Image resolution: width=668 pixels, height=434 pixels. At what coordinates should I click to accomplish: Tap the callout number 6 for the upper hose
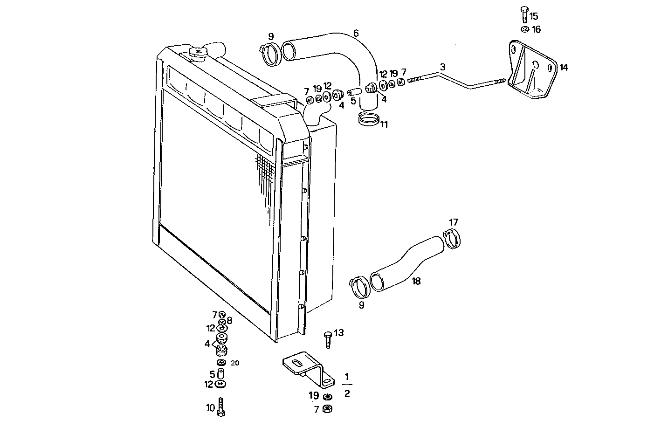[356, 33]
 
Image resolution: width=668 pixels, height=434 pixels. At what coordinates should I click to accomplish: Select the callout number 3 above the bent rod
[442, 67]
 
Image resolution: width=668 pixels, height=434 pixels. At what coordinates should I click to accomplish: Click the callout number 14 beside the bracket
[563, 68]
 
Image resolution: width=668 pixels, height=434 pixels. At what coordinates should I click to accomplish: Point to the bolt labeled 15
[523, 14]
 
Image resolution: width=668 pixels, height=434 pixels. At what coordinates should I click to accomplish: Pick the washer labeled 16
[524, 29]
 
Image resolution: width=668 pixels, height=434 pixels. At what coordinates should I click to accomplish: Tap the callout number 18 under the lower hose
[416, 281]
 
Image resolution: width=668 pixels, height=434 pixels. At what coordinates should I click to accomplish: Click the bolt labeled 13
[327, 339]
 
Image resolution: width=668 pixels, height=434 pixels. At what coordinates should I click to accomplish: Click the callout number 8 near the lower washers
[229, 321]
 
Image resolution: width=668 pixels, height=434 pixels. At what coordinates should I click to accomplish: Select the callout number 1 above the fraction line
[346, 376]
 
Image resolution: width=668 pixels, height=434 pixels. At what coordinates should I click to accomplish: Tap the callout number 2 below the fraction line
[346, 393]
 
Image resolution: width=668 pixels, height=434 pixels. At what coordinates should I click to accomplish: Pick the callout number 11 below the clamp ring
[383, 124]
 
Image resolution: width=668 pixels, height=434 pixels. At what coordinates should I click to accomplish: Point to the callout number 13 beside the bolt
[339, 333]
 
